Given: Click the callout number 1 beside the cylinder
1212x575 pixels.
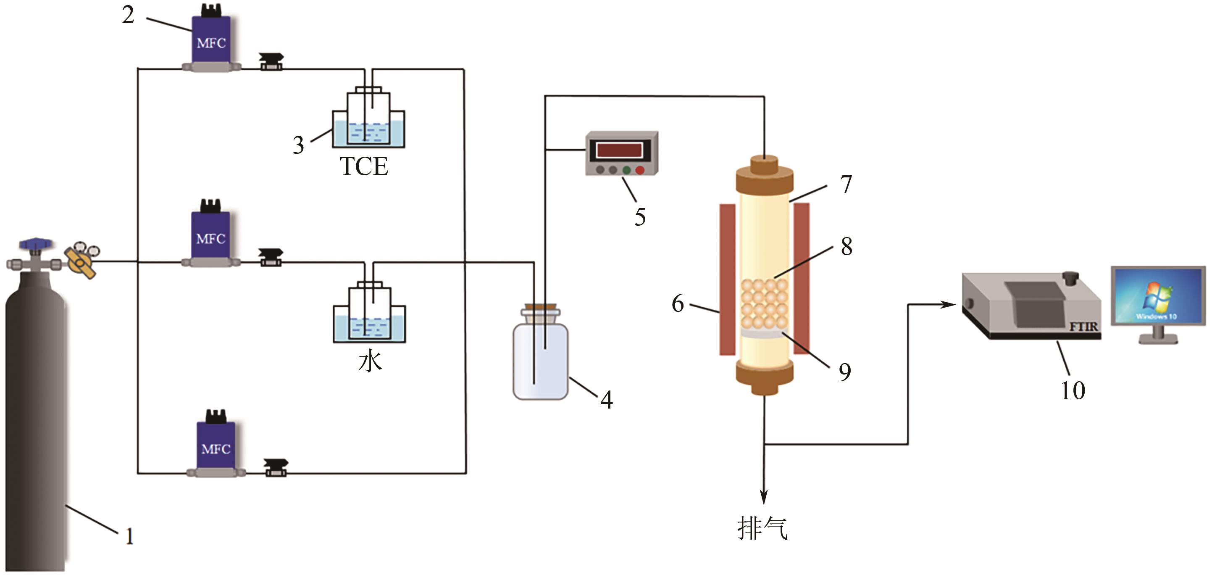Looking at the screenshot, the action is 129,536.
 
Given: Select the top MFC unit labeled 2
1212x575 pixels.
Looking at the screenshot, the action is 211,38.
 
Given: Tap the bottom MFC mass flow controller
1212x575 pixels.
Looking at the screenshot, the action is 216,443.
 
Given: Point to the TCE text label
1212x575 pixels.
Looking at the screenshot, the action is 364,166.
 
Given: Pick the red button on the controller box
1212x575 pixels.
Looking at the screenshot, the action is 640,170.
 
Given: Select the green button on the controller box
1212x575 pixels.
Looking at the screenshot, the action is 626,170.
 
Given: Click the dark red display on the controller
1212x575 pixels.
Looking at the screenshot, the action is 619,150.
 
